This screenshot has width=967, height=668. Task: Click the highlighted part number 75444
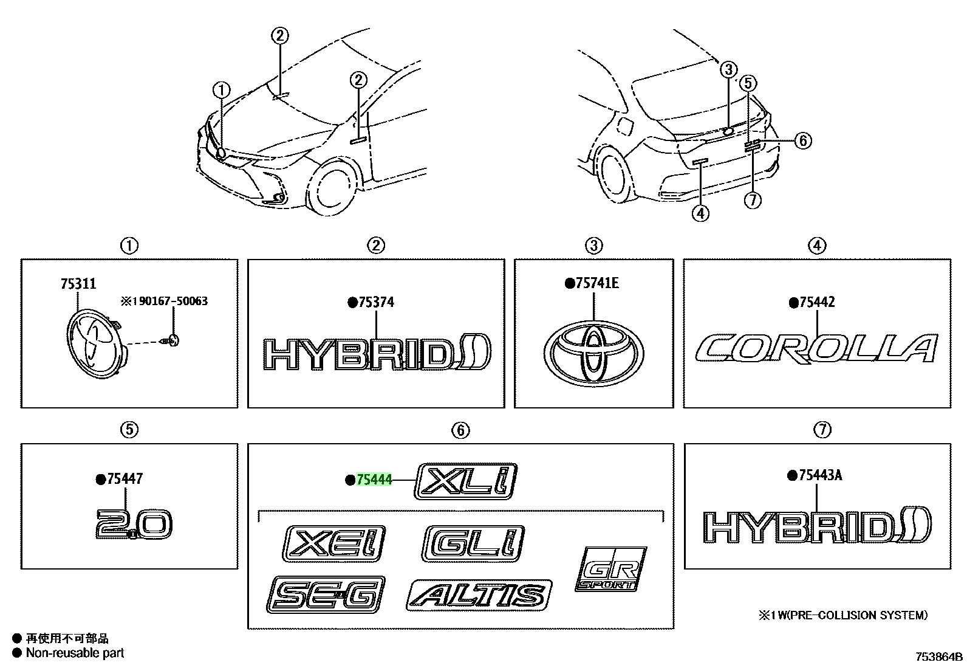(374, 480)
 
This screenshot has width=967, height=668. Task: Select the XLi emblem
(466, 481)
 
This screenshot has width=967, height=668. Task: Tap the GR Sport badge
(611, 569)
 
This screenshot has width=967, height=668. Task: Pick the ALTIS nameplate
(479, 595)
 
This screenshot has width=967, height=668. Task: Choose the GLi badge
(473, 543)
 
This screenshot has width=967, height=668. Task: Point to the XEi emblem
(333, 543)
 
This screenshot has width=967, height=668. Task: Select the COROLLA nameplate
(816, 348)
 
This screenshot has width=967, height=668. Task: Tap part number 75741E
(592, 283)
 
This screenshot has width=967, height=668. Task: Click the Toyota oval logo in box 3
(593, 354)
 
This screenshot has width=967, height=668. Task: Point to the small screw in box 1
(171, 340)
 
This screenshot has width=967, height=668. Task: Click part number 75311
(78, 284)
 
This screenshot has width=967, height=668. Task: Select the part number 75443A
(815, 475)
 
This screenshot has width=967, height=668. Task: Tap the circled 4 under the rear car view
(700, 213)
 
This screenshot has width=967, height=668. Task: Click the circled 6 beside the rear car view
(803, 140)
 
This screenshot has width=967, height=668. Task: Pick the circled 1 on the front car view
(222, 90)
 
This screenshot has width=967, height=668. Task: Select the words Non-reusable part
(75, 652)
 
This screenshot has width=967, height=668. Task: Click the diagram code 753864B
(939, 657)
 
